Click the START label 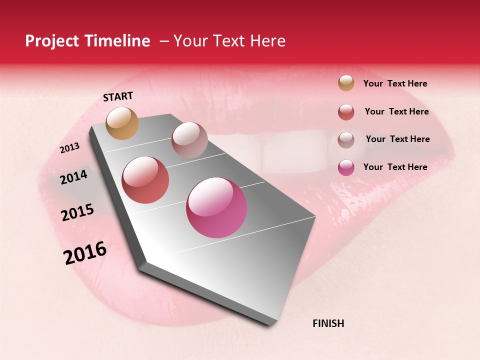tap(118, 96)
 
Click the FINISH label tap(328, 323)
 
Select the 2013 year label tap(70, 148)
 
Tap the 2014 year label tap(73, 177)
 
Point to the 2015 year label tap(77, 212)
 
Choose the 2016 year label tap(85, 252)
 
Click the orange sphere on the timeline tap(122, 123)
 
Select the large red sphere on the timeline tap(145, 180)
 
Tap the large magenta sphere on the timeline tap(216, 207)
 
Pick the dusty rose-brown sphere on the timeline tap(189, 140)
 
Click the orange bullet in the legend tap(346, 83)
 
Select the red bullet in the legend tap(346, 112)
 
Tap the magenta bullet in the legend tap(346, 167)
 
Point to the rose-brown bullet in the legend tap(346, 139)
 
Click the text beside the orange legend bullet tap(395, 83)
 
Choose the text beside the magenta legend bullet tap(395, 167)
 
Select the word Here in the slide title tap(267, 41)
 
